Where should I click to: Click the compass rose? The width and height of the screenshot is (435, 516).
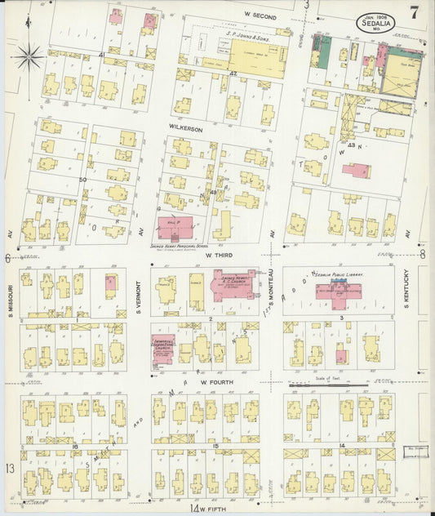30,56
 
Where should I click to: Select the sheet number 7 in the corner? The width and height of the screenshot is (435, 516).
415,13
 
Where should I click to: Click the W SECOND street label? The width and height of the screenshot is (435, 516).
260,16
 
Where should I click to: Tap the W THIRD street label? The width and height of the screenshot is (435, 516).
219,255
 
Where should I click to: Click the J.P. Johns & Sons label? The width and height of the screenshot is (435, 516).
251,38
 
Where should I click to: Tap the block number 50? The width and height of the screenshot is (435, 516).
82,180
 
